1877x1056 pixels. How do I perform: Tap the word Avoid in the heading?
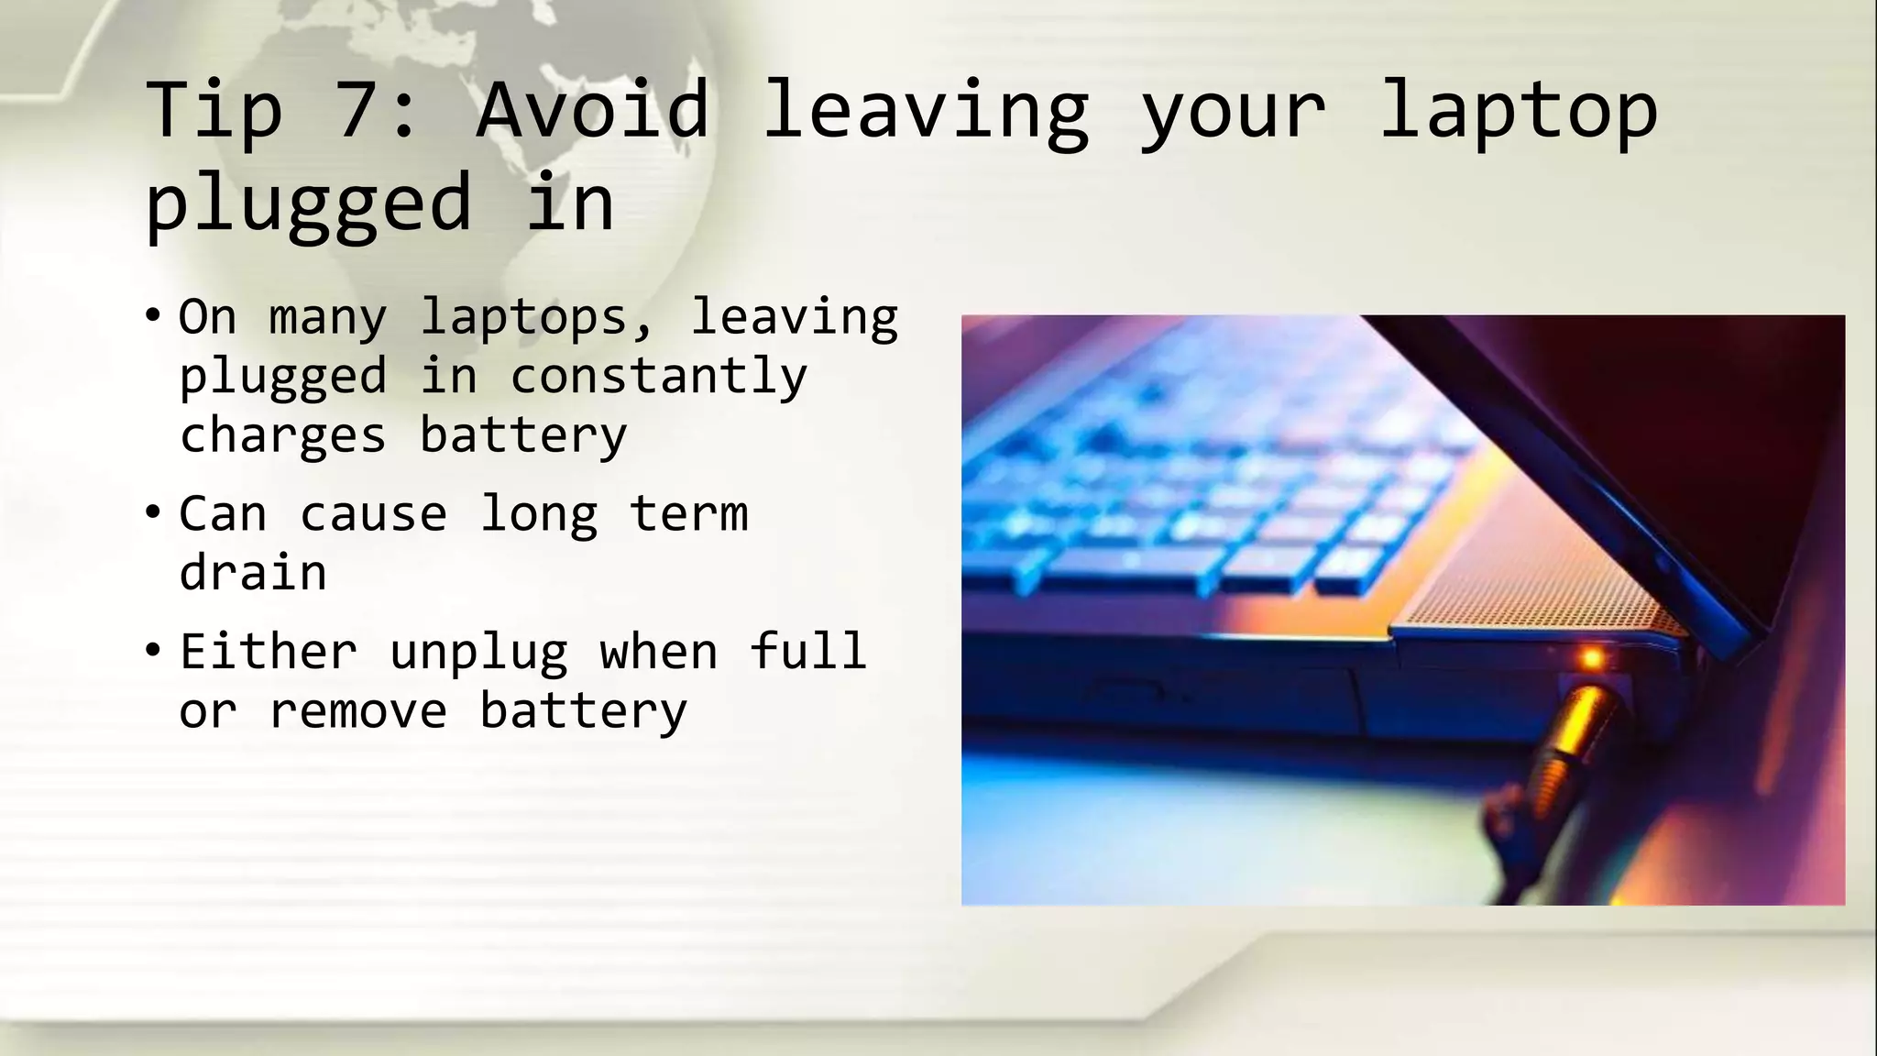[593, 110]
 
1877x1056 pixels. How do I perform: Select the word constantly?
[658, 377]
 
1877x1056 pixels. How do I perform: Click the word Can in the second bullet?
[223, 513]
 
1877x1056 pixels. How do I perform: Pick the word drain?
[253, 573]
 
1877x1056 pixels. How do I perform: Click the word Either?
[268, 652]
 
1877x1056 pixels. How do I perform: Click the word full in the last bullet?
[807, 652]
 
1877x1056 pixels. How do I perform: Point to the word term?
[688, 513]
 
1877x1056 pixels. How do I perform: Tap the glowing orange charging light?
[1592, 658]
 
